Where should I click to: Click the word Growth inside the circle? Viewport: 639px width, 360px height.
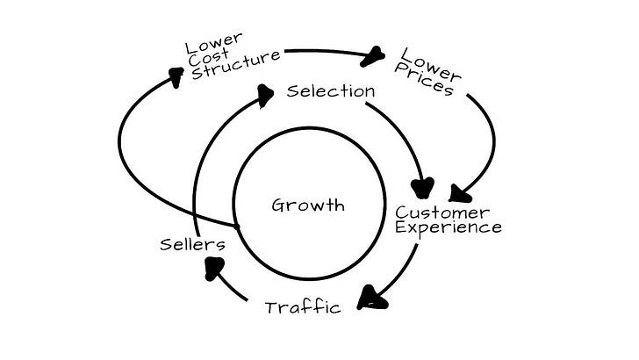(308, 205)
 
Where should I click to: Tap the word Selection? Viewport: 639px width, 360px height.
(331, 91)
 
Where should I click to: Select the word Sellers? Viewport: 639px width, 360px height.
(192, 243)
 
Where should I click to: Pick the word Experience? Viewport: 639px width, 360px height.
(448, 227)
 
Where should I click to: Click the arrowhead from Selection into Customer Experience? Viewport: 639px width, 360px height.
(425, 187)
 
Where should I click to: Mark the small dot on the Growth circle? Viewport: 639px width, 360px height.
(236, 226)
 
